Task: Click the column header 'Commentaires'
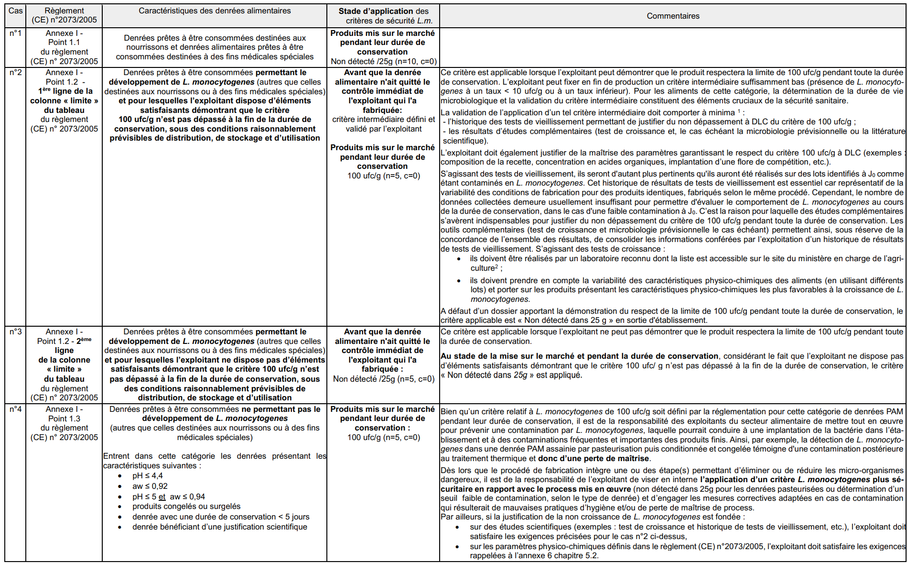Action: [x=672, y=16]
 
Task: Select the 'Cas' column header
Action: [x=15, y=11]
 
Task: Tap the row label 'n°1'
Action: [x=15, y=33]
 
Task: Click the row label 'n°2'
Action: [x=15, y=72]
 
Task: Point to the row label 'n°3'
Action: [x=15, y=331]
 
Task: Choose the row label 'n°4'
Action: [x=15, y=409]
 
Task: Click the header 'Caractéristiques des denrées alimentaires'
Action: [x=215, y=11]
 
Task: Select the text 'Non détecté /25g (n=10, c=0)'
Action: [x=383, y=61]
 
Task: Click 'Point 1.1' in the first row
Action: [x=64, y=42]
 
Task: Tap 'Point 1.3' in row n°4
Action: [x=64, y=419]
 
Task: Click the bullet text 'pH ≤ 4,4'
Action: [x=147, y=475]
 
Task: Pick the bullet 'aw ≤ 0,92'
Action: [x=150, y=486]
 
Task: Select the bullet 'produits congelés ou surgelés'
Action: [x=186, y=506]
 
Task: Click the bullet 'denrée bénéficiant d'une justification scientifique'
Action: [x=219, y=527]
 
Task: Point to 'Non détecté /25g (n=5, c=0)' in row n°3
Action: [x=383, y=379]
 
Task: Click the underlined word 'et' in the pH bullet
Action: [x=162, y=497]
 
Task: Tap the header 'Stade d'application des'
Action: [x=383, y=11]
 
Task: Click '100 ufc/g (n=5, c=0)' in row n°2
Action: [x=383, y=176]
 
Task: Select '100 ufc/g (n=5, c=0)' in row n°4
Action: [x=383, y=437]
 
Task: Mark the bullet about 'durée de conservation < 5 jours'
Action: [x=221, y=517]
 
